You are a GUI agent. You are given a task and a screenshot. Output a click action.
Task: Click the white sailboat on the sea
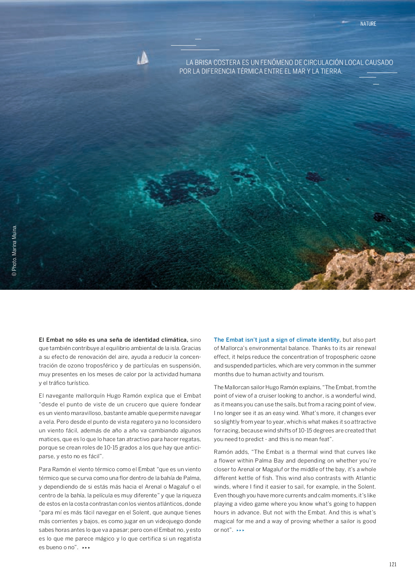pyautogui.click(x=143, y=58)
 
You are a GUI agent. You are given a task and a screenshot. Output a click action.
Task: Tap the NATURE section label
pyautogui.click(x=368, y=24)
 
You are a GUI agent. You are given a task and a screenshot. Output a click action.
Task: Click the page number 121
pyautogui.click(x=393, y=564)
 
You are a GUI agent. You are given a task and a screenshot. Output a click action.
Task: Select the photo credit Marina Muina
pyautogui.click(x=14, y=250)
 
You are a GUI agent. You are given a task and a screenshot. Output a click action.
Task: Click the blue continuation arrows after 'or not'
pyautogui.click(x=240, y=530)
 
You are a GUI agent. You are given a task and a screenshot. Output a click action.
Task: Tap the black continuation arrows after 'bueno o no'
pyautogui.click(x=86, y=548)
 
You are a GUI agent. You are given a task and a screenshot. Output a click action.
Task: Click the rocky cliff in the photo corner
pyautogui.click(x=361, y=271)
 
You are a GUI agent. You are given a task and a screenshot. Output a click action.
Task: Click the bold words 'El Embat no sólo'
pyautogui.click(x=60, y=340)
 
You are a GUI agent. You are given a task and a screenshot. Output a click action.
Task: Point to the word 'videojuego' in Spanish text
pyautogui.click(x=168, y=521)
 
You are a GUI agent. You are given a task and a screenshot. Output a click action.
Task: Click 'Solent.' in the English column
pyautogui.click(x=366, y=487)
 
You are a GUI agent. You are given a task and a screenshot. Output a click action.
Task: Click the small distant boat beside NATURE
pyautogui.click(x=345, y=22)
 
